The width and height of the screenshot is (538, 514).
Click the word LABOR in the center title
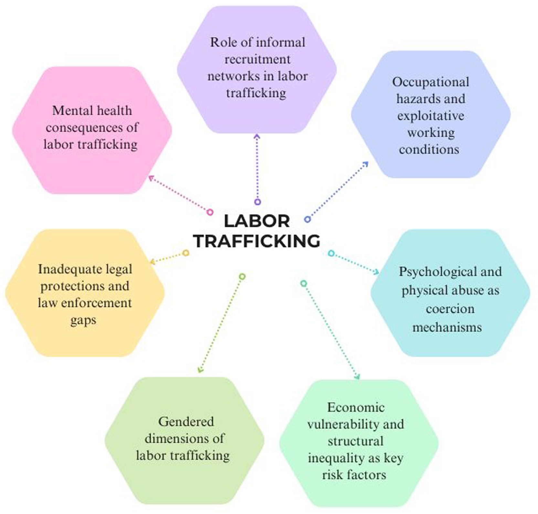[x=257, y=221]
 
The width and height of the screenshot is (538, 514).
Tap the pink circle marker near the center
[x=210, y=212]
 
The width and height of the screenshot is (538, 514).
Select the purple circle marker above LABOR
[x=257, y=202]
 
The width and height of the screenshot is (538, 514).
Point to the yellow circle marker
[x=185, y=253]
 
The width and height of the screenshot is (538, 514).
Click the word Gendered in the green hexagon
[x=186, y=422]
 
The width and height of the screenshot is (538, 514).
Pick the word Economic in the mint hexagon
[x=356, y=408]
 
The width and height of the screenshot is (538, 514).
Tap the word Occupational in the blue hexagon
[x=430, y=82]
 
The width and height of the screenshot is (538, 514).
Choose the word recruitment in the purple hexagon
[x=257, y=60]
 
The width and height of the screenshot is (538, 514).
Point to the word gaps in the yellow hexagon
[x=83, y=320]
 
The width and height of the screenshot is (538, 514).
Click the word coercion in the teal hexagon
[x=450, y=309]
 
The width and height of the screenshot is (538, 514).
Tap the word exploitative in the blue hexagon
[x=430, y=116]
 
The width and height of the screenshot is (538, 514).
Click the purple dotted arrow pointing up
[x=257, y=168]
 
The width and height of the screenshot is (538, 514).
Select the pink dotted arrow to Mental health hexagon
[x=179, y=194]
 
